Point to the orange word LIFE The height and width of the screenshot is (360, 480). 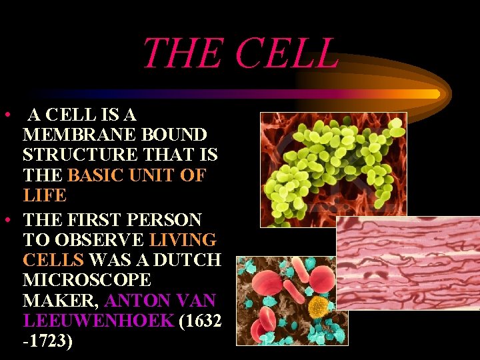coord(45,196)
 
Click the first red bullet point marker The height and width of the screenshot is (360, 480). coord(6,115)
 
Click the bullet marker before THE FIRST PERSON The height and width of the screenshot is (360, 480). coord(6,219)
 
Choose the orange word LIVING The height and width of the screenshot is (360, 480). coord(183,240)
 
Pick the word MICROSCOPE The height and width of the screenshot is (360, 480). coord(87,281)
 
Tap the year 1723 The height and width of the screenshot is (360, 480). coord(48,342)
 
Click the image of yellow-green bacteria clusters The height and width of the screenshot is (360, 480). coord(333,169)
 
